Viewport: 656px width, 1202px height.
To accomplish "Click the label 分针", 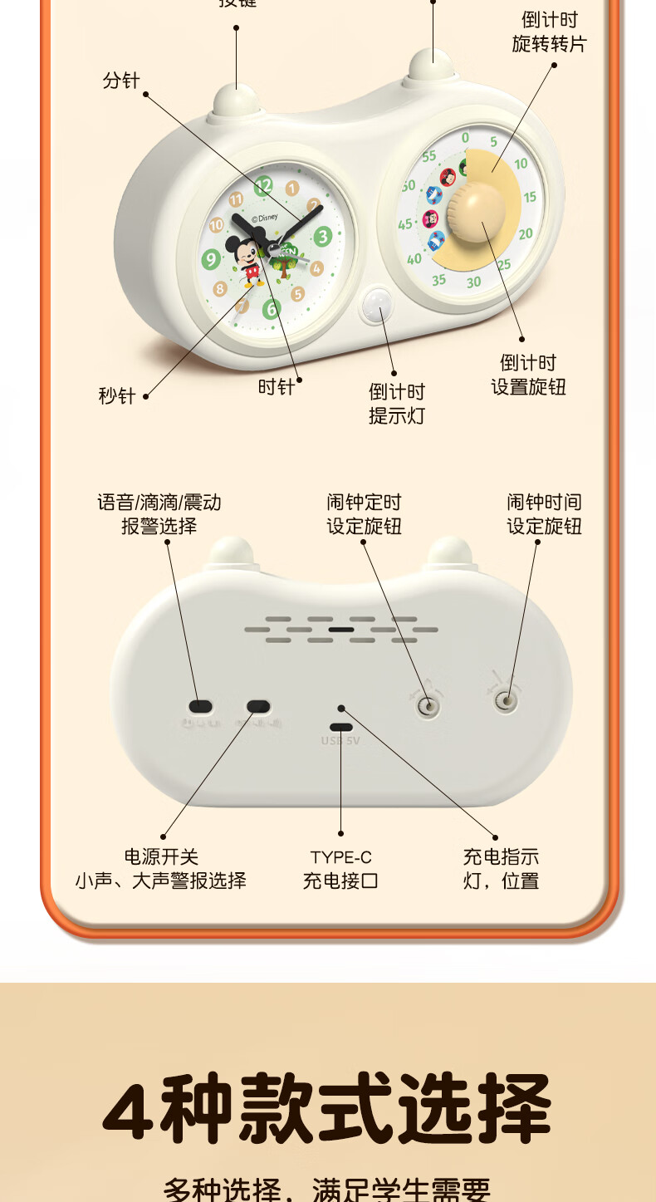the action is click(121, 81).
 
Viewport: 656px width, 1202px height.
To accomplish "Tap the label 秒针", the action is click(116, 395).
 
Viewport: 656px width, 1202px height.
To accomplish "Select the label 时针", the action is click(276, 387).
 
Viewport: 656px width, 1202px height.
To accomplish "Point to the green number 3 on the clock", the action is click(322, 237).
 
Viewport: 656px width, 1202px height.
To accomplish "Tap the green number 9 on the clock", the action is click(211, 260).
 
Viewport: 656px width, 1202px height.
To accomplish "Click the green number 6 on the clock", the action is click(272, 310).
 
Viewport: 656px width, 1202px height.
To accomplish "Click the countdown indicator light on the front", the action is click(379, 305).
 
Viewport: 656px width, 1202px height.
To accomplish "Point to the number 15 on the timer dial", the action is click(529, 198).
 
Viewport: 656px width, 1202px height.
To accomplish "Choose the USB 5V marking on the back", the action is click(340, 740).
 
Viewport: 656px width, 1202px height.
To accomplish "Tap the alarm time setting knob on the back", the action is click(505, 701).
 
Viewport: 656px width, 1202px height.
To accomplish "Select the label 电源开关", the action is click(161, 856).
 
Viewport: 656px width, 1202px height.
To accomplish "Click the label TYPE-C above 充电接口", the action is click(340, 857).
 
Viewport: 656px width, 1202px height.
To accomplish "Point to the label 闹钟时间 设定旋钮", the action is click(544, 514).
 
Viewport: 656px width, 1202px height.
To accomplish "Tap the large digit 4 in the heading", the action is click(130, 1109).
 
